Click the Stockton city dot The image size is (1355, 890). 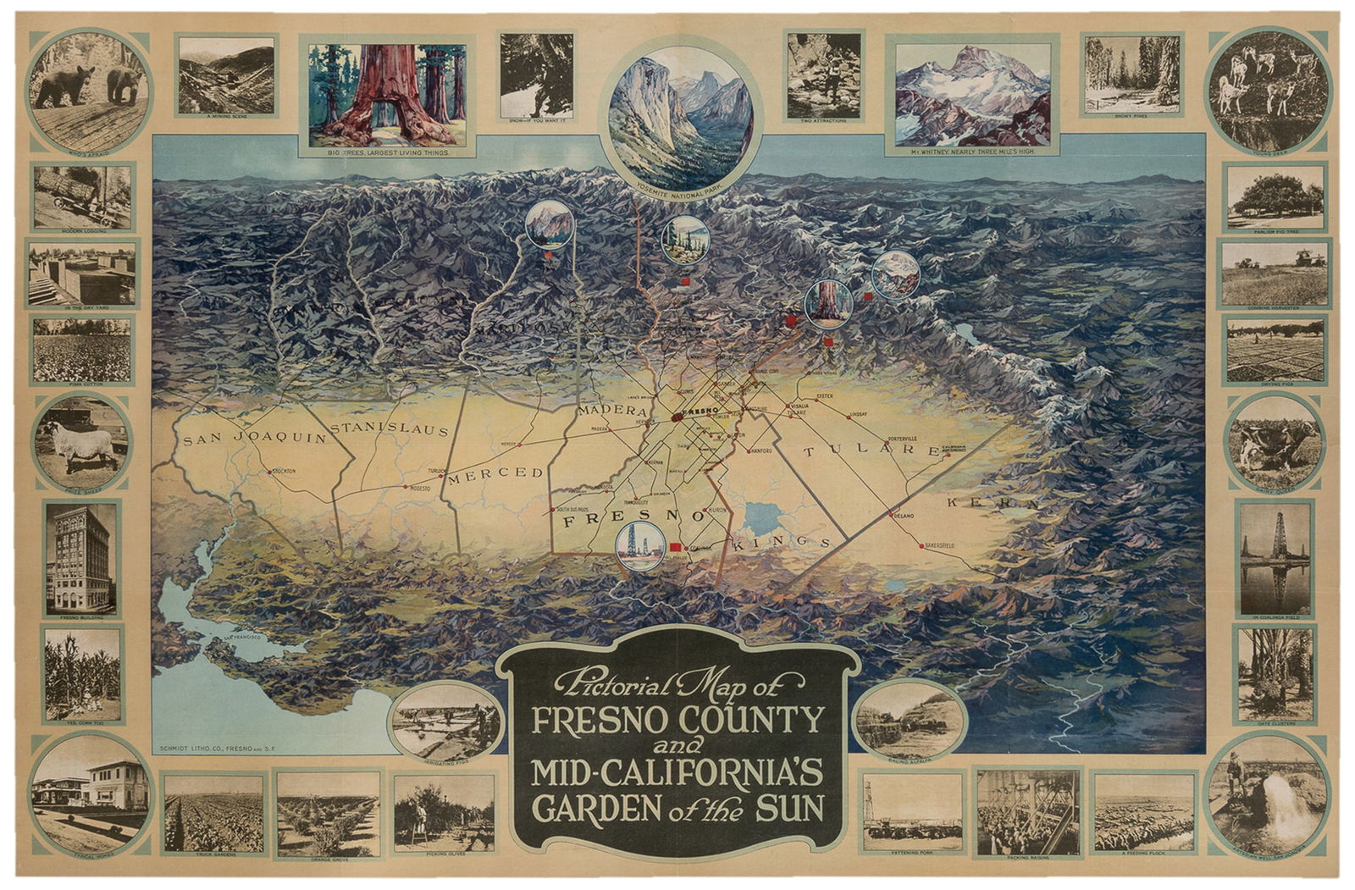point(270,472)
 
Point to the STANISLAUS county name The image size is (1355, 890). point(389,429)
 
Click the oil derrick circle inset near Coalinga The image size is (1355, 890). point(639,543)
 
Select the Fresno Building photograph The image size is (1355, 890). point(82,559)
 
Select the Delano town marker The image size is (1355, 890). point(890,515)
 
